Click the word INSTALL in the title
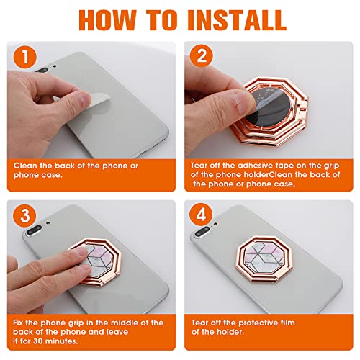click(x=236, y=20)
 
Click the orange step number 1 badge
click(x=25, y=58)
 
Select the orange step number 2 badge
click(x=202, y=56)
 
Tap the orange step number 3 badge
click(x=24, y=215)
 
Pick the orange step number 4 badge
click(x=201, y=215)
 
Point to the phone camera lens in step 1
click(x=41, y=70)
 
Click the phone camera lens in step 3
click(x=34, y=230)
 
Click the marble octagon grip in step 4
click(x=264, y=258)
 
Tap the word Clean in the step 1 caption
click(x=25, y=166)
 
